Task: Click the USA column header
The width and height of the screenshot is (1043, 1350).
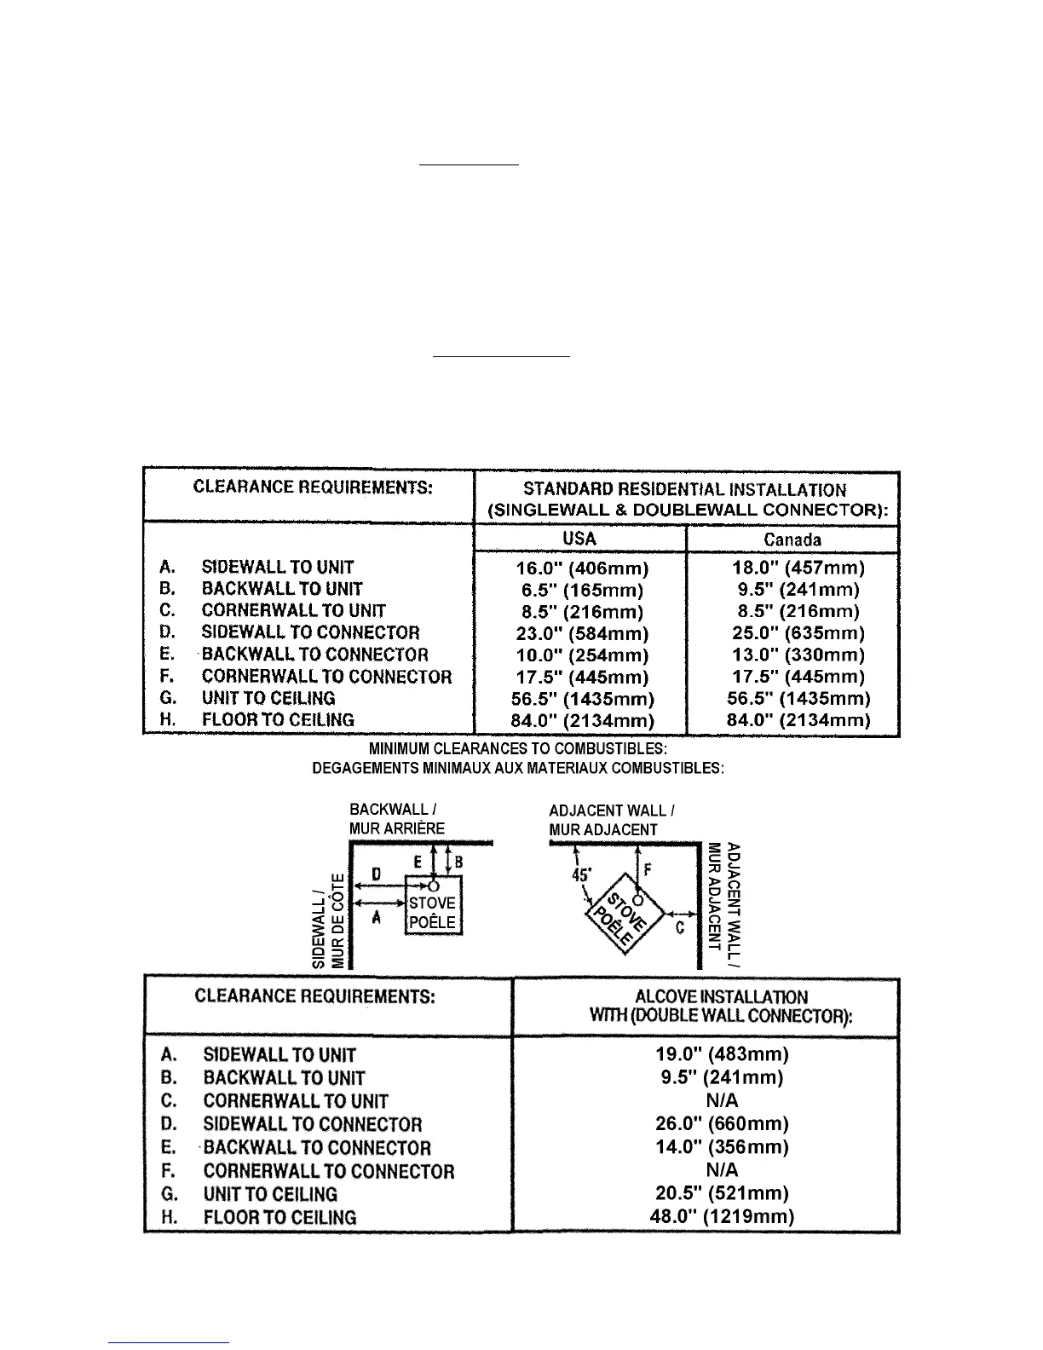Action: [579, 539]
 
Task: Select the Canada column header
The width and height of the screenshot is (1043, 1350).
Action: [792, 539]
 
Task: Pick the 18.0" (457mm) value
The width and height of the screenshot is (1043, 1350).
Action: [798, 568]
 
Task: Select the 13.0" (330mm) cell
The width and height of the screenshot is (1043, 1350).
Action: [798, 655]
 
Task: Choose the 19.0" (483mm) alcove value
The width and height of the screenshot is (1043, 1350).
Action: [722, 1054]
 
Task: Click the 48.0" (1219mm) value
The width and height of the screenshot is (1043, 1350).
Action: [722, 1216]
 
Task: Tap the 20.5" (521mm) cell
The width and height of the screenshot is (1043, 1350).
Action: [722, 1193]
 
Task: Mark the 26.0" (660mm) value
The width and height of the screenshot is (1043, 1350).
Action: [722, 1124]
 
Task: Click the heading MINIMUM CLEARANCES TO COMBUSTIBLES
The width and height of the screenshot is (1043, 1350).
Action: [518, 749]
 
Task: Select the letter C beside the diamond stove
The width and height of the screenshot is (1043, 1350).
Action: [680, 928]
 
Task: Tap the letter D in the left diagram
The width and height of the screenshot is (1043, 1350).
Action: [376, 875]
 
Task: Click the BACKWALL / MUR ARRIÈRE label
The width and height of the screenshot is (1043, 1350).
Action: [396, 819]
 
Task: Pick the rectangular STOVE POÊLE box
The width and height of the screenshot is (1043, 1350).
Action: [433, 913]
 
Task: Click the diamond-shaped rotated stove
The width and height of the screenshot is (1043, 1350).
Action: [622, 916]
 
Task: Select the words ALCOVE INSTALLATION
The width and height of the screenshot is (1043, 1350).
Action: [721, 997]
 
